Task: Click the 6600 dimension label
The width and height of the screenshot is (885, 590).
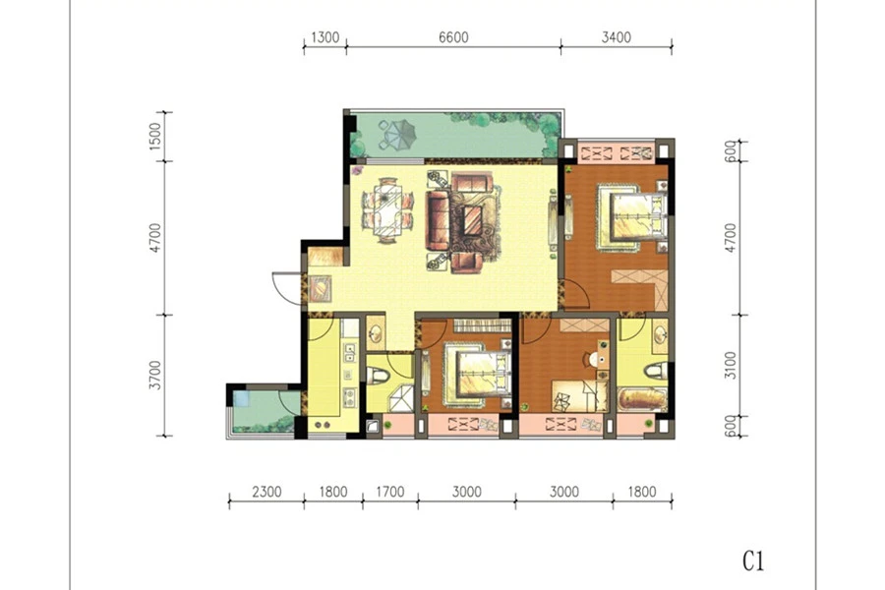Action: click(x=453, y=37)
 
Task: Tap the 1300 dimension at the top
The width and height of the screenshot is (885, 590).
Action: click(x=325, y=37)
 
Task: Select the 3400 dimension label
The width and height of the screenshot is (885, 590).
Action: click(x=616, y=37)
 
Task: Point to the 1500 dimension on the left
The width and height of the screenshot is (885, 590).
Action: click(x=155, y=136)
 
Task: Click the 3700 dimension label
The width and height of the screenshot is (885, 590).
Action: click(x=155, y=375)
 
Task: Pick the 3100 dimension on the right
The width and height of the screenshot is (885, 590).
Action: click(x=731, y=365)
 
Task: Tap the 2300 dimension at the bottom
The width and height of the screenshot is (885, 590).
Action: click(x=266, y=492)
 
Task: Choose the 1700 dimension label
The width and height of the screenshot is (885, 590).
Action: click(x=390, y=492)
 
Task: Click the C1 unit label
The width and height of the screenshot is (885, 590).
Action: click(x=753, y=561)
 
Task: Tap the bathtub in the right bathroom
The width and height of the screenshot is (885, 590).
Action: click(x=642, y=398)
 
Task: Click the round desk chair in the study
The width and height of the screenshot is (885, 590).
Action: click(x=593, y=359)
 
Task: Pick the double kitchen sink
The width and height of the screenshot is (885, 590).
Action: click(x=350, y=352)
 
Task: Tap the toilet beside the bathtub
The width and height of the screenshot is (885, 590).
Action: click(x=656, y=372)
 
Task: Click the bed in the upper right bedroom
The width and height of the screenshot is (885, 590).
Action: click(x=634, y=216)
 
